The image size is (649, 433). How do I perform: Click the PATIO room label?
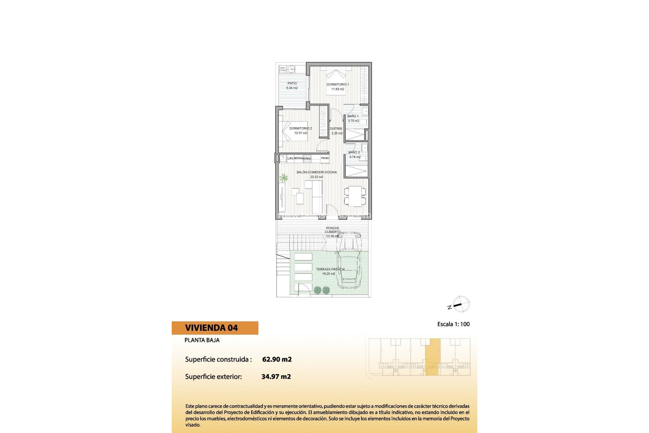pos(292,83)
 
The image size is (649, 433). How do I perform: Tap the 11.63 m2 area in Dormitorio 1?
pos(338,89)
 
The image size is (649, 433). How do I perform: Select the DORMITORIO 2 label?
pos(301,129)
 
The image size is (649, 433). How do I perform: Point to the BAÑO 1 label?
pos(353,116)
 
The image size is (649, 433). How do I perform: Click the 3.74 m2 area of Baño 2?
pos(355,157)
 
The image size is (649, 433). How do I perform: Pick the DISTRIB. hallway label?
pos(336,129)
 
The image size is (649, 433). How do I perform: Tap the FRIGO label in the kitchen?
pos(324,158)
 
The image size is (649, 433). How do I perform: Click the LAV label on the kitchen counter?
pos(290,158)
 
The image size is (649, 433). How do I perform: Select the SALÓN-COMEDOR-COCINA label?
pos(317,172)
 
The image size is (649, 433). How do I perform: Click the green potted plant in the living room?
pos(284,178)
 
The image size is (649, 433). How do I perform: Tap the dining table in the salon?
pos(355,196)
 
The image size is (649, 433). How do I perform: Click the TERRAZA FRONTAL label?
pos(331,269)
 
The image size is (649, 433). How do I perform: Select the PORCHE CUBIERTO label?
pos(333,230)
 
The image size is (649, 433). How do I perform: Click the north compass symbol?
pos(461,304)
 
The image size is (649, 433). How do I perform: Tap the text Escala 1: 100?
pos(453,324)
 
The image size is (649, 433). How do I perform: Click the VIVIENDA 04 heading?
pos(211,328)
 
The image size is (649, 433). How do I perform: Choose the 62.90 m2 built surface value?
pos(277,359)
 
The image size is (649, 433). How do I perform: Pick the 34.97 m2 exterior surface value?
pos(276,377)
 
